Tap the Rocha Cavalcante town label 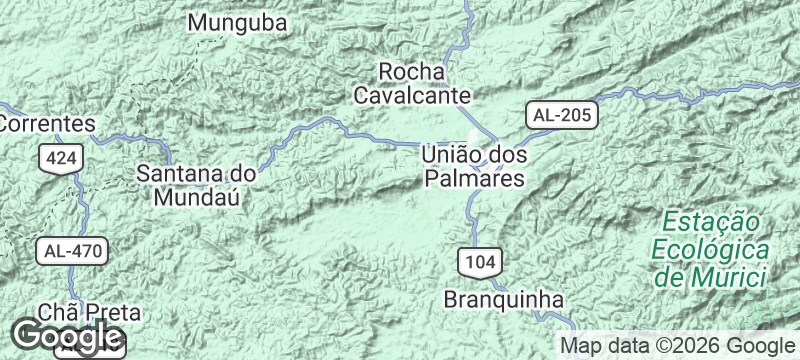pos(411,83)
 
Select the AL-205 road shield pos(562,115)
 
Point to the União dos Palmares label pos(473,167)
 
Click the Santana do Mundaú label pos(196,184)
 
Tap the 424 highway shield pos(58,158)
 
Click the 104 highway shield pos(480,262)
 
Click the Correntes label pos(46,124)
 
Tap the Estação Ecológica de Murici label pos(709,248)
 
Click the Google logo pos(67,337)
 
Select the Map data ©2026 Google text pos(675,346)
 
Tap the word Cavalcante pos(411,95)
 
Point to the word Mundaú pos(197,197)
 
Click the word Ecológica pos(709,248)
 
